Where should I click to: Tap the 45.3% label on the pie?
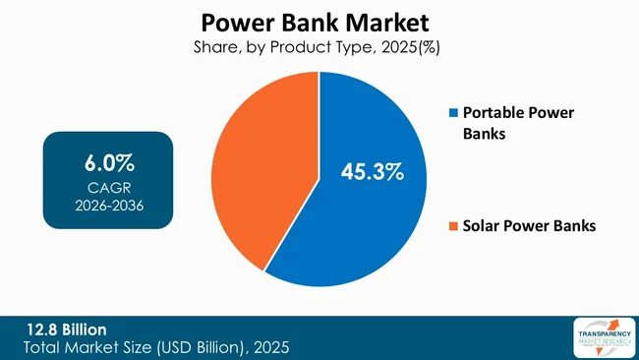[x=373, y=172]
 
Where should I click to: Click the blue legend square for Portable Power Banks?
[x=453, y=114]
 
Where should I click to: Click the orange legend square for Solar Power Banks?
[x=453, y=227]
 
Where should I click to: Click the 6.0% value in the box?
[x=108, y=162]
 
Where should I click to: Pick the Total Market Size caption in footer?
[x=157, y=347]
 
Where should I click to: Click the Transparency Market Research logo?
[x=601, y=337]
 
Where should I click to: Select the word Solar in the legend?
[x=485, y=226]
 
